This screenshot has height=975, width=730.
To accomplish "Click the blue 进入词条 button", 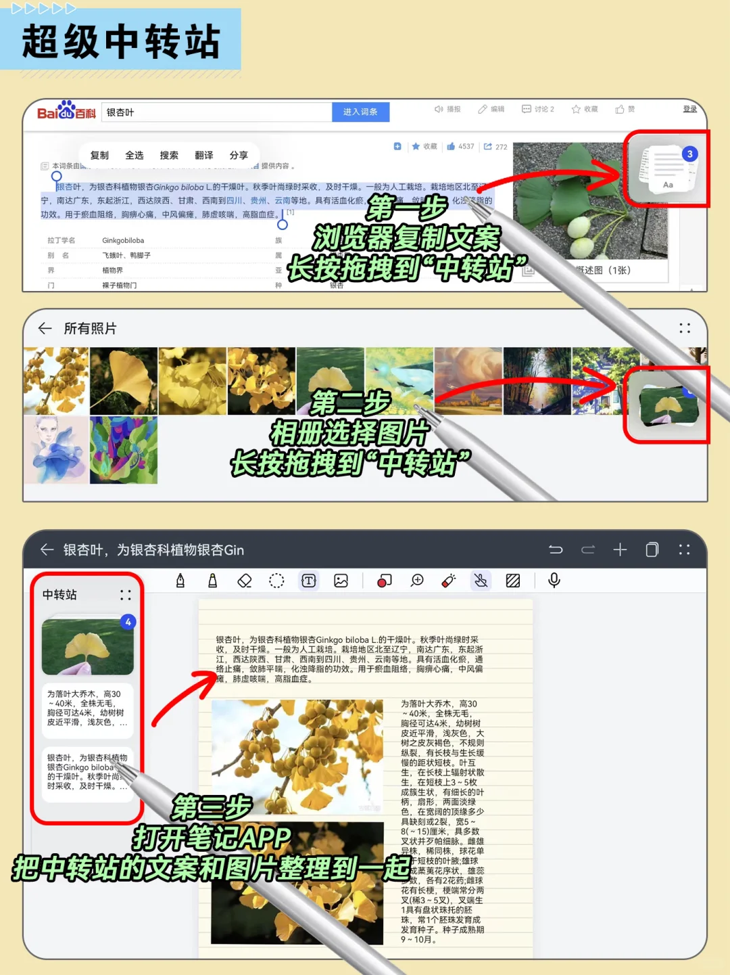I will tap(360, 112).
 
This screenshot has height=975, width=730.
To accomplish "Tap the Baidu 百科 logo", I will tap(66, 111).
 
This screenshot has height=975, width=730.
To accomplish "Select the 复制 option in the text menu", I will tap(99, 156).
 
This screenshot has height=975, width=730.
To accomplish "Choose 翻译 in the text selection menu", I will tap(203, 156).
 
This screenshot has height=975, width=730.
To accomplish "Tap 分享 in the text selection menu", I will tap(239, 156).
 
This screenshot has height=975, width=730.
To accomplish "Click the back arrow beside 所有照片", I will tap(45, 329).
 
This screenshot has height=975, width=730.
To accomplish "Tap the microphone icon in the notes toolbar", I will tap(554, 581).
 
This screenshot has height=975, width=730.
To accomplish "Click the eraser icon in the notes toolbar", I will tap(245, 581).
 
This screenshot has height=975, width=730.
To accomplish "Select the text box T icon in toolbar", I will tap(309, 581).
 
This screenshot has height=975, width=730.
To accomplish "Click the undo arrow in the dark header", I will tap(556, 550).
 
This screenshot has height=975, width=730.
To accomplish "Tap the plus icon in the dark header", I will tap(620, 550).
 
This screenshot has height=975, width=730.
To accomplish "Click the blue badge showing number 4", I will tap(128, 622).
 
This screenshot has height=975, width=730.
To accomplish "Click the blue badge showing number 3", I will tap(689, 154).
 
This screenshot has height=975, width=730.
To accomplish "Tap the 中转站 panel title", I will tap(59, 595).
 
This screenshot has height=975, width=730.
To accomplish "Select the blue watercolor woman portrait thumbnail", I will tap(55, 450).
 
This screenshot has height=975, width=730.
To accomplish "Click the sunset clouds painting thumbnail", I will tap(468, 381).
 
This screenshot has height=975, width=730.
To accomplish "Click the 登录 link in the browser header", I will tap(689, 109).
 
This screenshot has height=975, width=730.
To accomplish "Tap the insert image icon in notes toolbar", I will tap(341, 581).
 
